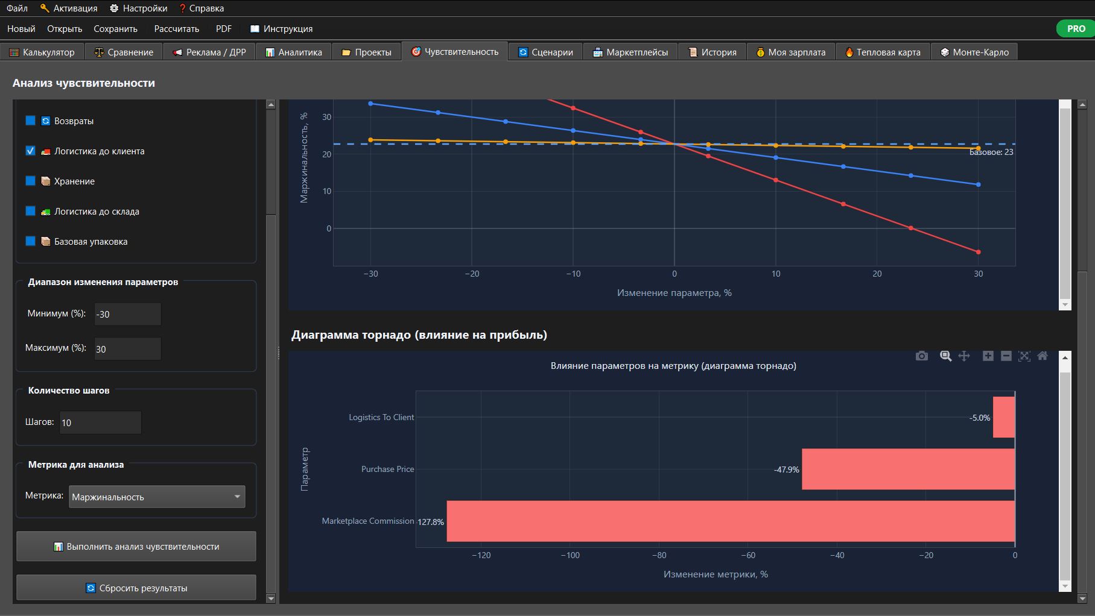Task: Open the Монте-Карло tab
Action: pos(974,52)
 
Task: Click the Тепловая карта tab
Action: pos(883,52)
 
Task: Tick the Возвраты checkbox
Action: pos(30,121)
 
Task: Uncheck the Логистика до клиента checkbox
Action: pos(30,151)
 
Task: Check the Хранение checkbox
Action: pos(30,181)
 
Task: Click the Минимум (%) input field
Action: pos(127,314)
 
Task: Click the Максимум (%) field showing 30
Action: pos(127,349)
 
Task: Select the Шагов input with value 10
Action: pos(100,423)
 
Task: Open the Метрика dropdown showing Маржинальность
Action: pos(157,497)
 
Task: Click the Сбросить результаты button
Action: pos(136,588)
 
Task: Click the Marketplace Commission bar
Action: pos(731,521)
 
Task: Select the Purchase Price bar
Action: pos(908,469)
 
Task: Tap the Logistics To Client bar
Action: pos(1004,417)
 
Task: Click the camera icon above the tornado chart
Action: pos(922,356)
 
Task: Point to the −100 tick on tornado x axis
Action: pos(570,555)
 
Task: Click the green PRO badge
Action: pos(1076,28)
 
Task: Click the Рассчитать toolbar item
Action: pos(176,28)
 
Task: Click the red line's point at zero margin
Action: pos(911,228)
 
